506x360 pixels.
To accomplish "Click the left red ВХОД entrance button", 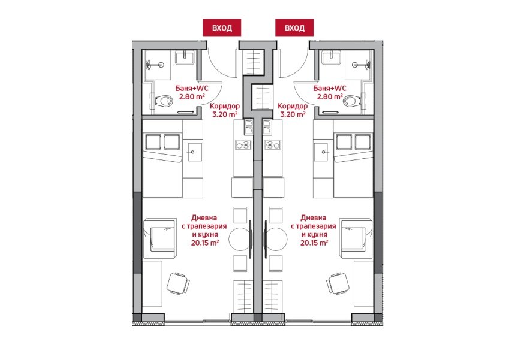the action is (222, 28).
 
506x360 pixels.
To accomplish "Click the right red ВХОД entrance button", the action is (294, 28).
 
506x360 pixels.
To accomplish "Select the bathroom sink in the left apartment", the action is (185, 58).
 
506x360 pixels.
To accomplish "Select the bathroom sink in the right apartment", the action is (331, 58).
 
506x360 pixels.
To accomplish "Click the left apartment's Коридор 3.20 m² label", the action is (225, 110).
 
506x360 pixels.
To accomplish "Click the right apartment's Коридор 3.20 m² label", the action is (293, 110).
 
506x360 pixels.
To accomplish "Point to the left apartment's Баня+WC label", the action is (192, 88).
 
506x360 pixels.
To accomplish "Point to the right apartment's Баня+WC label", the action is (330, 88).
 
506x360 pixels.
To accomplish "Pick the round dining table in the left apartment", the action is (239, 239).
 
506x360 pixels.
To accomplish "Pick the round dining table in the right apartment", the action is (276, 239).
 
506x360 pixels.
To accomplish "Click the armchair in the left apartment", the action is (159, 238).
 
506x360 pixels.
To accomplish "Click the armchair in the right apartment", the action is (356, 238).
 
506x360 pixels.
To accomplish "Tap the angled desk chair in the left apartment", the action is (178, 283).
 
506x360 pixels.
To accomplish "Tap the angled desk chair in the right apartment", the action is (338, 283).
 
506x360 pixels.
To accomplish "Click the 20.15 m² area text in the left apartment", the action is (205, 243).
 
